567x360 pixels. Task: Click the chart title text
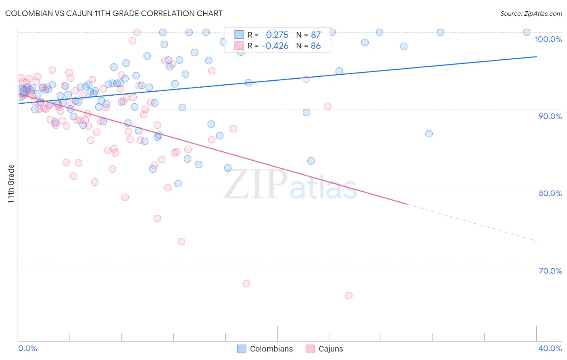(114, 13)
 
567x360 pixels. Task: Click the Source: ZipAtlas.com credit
(531, 13)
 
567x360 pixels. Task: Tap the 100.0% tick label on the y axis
(548, 39)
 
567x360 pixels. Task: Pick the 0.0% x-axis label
(27, 348)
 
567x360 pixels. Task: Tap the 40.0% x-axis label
(550, 348)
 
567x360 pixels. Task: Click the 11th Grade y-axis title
(11, 184)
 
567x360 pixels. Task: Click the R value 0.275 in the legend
(277, 35)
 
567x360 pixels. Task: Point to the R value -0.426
(275, 46)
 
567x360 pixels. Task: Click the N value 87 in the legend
(316, 35)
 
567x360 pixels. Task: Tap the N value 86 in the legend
(316, 46)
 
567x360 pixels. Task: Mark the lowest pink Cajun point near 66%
(349, 295)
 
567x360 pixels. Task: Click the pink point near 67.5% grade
(246, 283)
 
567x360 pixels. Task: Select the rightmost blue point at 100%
(527, 32)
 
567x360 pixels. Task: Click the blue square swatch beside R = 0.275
(239, 35)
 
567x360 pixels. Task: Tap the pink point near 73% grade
(181, 241)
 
